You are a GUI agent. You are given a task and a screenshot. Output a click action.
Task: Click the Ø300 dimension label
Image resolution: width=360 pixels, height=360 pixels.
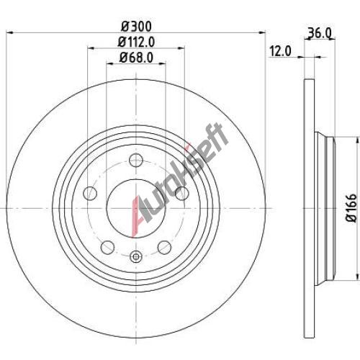click(x=136, y=27)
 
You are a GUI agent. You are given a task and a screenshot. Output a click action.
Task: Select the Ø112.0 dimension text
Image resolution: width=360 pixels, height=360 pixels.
click(x=136, y=42)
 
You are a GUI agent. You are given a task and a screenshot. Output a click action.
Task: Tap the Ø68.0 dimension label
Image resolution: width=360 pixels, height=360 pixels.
click(x=136, y=58)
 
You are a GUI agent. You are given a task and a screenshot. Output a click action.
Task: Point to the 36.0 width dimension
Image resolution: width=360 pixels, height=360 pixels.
click(x=320, y=33)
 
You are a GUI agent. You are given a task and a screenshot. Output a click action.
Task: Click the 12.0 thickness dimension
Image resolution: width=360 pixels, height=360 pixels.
click(x=280, y=51)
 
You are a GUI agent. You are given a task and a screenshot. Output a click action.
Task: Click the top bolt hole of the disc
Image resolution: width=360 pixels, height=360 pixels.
click(x=136, y=160)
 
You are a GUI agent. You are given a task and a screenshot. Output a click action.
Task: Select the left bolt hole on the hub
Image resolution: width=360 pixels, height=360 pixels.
click(x=90, y=193)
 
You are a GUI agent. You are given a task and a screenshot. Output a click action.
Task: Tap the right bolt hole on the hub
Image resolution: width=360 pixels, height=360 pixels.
click(x=182, y=193)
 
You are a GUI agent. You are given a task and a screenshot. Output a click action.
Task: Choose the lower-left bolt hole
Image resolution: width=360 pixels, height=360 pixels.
click(x=107, y=248)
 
